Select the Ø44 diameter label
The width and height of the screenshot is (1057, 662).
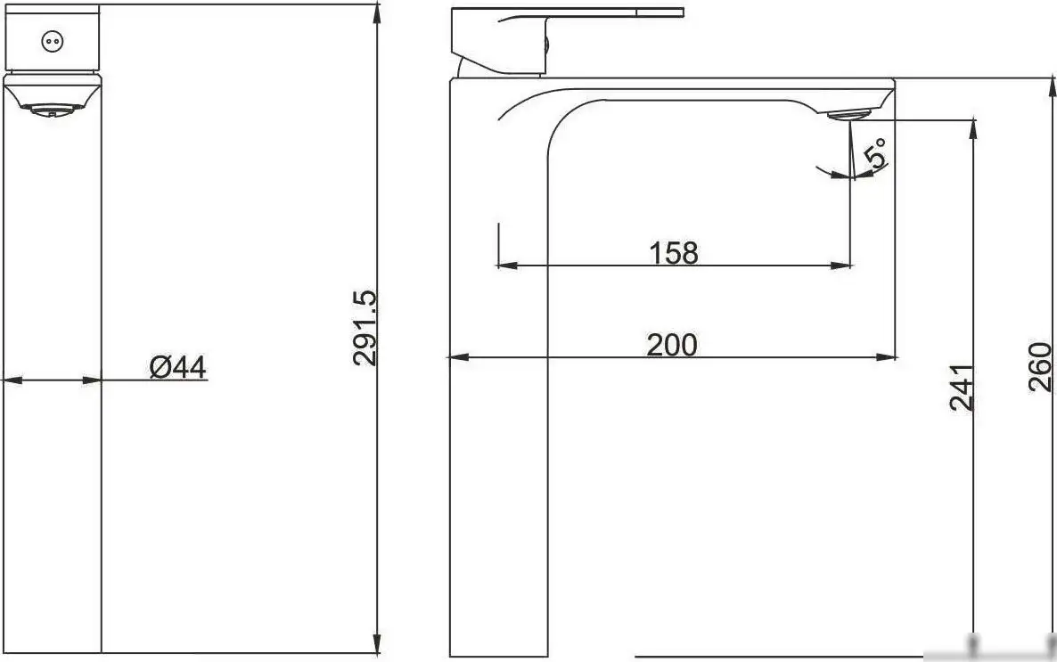[178, 366]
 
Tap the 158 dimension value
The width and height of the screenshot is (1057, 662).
[673, 253]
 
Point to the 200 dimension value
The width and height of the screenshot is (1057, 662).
[672, 345]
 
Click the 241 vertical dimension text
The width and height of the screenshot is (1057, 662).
[961, 387]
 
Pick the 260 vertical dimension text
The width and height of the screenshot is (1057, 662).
[1041, 366]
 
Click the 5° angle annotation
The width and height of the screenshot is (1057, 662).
[877, 153]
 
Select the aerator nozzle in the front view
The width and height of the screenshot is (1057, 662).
[53, 110]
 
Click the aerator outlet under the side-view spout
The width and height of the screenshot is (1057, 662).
[851, 114]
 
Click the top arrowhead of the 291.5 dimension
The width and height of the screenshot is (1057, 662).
[378, 13]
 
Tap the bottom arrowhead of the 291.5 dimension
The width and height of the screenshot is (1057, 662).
[378, 645]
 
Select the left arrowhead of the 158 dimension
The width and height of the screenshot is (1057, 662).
[505, 265]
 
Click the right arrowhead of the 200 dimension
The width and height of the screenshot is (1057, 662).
[888, 357]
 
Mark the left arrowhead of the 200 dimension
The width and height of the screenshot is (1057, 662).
[456, 357]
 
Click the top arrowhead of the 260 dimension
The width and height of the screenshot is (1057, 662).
[1052, 87]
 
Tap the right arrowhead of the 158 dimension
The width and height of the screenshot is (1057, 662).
[841, 265]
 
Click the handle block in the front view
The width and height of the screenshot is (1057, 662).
[53, 37]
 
